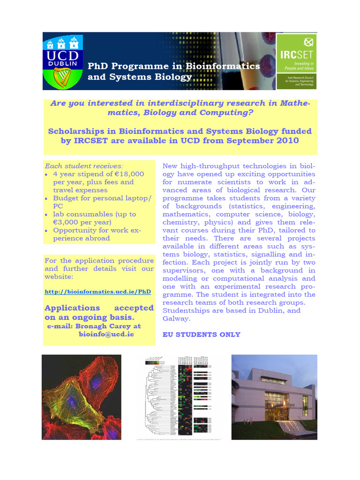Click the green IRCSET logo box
(x=296, y=61)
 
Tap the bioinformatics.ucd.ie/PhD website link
(x=97, y=292)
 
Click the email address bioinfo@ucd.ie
(x=106, y=334)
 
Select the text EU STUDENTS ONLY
(x=201, y=335)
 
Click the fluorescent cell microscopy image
(x=82, y=397)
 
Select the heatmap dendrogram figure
(x=180, y=397)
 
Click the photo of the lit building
(x=274, y=397)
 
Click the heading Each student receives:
(x=84, y=166)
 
